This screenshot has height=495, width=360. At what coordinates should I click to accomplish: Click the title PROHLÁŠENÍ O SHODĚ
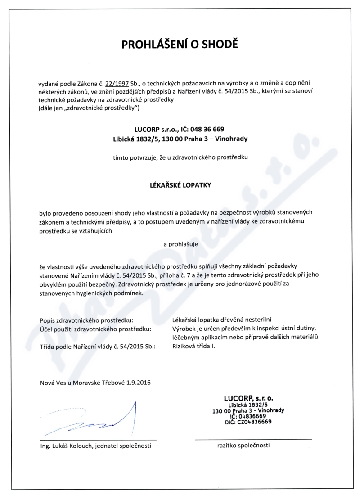180,45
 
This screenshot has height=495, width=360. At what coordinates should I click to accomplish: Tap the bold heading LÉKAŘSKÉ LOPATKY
180,184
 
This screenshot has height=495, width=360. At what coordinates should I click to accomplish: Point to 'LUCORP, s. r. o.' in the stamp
249,398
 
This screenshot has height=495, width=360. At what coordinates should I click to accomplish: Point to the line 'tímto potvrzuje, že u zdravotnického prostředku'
180,158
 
